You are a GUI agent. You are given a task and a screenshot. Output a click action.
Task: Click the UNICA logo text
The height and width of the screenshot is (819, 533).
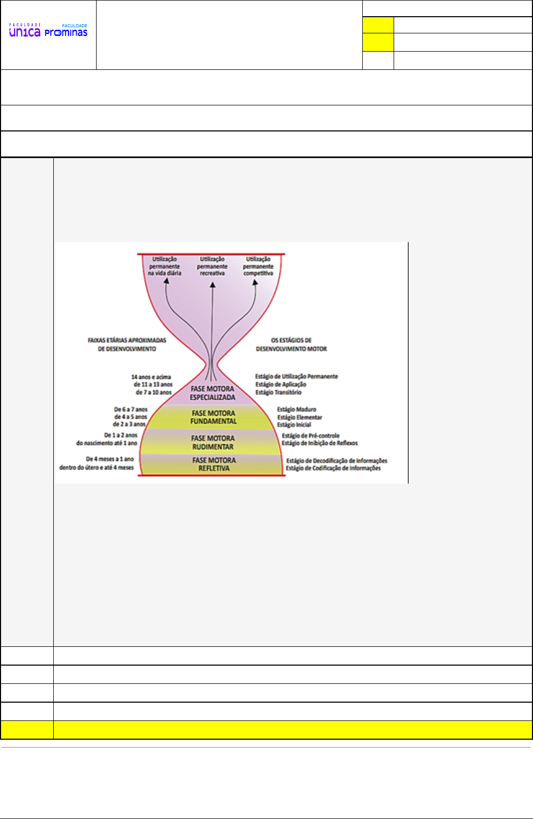(x=25, y=32)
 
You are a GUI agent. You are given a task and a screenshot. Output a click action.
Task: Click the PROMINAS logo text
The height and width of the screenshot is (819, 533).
(x=66, y=33)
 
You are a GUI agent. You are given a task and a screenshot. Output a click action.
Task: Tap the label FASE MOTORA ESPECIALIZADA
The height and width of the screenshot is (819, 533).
(x=212, y=393)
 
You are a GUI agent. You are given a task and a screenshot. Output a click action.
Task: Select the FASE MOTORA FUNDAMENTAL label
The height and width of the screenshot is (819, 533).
(x=214, y=417)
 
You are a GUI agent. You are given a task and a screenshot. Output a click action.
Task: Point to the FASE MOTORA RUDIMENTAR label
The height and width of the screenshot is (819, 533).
(x=213, y=442)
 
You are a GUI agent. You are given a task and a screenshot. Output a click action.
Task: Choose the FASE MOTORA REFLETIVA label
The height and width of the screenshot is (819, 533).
(x=214, y=464)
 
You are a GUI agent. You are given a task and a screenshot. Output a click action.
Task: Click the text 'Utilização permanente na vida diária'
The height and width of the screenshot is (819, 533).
(x=164, y=266)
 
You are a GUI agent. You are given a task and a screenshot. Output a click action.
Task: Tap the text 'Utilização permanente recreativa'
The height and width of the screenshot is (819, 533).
(x=212, y=266)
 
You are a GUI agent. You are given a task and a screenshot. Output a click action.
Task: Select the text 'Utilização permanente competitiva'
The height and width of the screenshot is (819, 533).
(x=258, y=266)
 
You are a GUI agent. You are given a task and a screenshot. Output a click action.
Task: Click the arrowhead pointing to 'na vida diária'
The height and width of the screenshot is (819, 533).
(x=167, y=281)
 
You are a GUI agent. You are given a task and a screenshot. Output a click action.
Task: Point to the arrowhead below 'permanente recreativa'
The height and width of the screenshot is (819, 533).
(x=212, y=285)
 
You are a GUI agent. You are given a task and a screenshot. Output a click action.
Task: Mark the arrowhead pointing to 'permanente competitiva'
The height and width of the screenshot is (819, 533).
(x=255, y=282)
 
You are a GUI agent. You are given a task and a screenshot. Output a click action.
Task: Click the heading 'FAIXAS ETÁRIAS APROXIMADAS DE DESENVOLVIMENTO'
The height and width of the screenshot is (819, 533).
(x=127, y=344)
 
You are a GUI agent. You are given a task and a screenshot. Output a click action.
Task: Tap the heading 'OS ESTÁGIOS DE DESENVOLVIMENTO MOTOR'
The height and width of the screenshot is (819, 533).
(x=291, y=344)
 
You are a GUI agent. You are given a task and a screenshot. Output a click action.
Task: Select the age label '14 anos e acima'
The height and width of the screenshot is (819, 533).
(x=151, y=377)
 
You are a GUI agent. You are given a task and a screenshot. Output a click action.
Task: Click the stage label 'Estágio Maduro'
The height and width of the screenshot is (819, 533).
(x=297, y=409)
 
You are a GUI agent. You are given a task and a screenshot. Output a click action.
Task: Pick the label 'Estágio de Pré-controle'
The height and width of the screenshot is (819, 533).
(x=311, y=436)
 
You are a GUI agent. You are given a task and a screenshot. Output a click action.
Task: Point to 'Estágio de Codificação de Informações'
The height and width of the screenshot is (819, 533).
(x=333, y=468)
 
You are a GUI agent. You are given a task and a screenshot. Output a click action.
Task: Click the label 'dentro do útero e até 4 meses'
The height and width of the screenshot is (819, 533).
(x=97, y=467)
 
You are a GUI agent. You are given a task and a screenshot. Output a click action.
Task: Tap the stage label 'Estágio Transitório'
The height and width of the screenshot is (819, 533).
(x=278, y=392)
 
